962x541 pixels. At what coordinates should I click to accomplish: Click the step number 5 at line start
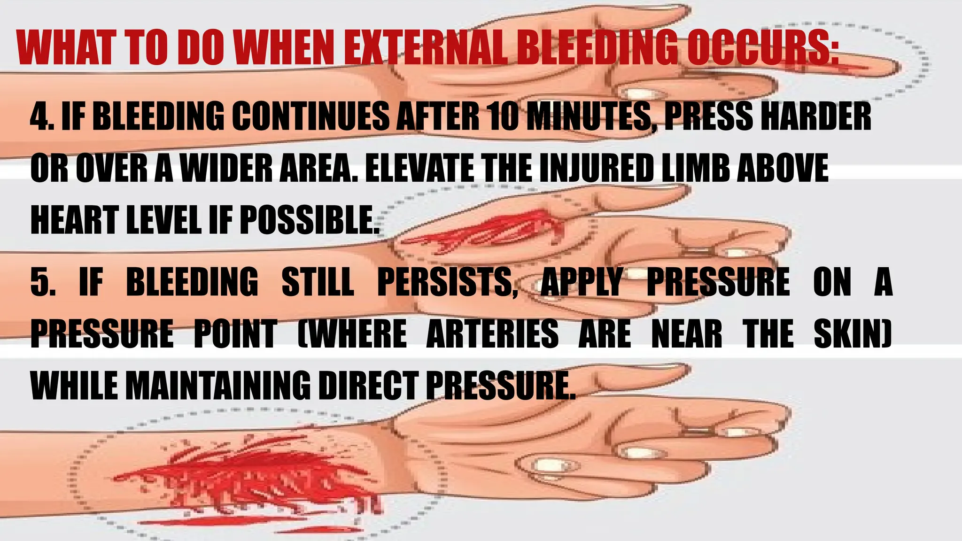click(x=41, y=282)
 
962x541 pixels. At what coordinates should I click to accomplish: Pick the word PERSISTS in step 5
click(x=447, y=282)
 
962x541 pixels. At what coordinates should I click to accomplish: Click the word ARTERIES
click(x=492, y=334)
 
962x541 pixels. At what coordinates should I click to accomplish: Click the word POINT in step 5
click(x=235, y=334)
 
